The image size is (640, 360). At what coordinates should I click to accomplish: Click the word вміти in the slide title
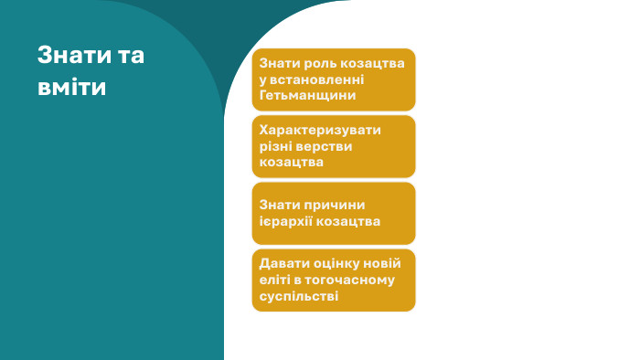click(x=71, y=87)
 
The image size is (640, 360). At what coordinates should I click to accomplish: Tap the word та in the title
click(x=131, y=55)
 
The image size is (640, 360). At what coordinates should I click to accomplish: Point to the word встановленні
click(x=318, y=79)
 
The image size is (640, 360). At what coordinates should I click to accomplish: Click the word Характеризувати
click(x=320, y=130)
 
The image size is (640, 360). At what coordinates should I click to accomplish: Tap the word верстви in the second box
click(x=326, y=145)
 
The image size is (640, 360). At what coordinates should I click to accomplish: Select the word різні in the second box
click(x=278, y=145)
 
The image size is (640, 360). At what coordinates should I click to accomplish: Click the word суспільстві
click(x=299, y=295)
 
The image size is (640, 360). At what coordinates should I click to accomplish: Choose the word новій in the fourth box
click(x=384, y=263)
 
